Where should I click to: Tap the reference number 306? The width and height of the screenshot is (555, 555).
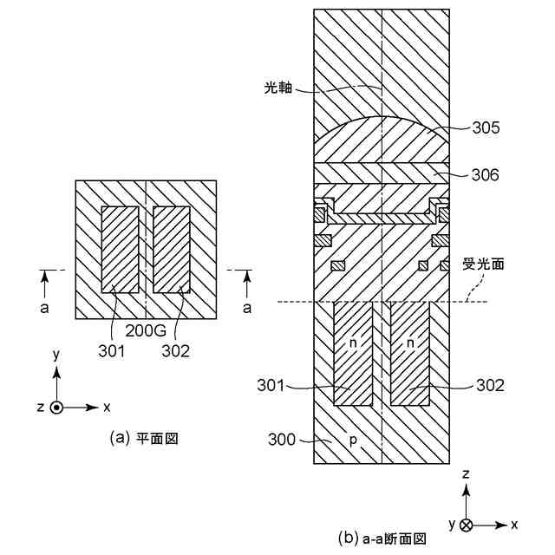486,174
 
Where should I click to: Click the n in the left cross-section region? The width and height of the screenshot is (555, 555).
353,343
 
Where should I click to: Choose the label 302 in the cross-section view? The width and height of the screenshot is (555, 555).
488,384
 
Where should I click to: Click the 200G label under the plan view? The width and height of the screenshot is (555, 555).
147,331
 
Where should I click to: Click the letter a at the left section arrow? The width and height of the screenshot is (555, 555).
45,307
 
